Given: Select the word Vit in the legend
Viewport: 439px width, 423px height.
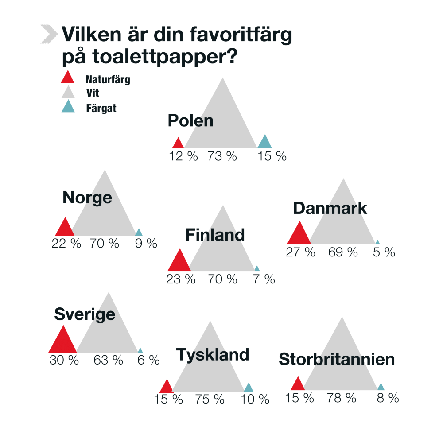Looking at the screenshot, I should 93,93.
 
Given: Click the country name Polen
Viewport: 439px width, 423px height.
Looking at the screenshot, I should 190,121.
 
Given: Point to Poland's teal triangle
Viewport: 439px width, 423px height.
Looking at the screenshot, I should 264,143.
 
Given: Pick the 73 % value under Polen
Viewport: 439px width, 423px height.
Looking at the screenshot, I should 222,156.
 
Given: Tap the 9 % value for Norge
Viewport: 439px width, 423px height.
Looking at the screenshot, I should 146,243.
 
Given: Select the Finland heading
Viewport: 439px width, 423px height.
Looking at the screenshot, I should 215,235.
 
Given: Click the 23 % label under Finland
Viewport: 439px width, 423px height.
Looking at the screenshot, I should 181,279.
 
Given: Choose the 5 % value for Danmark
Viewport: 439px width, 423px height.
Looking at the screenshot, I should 384,252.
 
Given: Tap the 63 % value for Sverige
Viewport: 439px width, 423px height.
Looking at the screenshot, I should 108,360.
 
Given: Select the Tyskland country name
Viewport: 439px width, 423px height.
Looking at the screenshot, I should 213,355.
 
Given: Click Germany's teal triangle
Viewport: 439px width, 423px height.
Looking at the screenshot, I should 249,388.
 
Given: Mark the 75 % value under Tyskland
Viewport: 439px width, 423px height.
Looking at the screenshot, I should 210,400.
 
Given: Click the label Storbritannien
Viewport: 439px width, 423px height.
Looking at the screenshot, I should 337,359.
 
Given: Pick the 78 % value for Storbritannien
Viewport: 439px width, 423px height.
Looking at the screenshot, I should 342,398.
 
